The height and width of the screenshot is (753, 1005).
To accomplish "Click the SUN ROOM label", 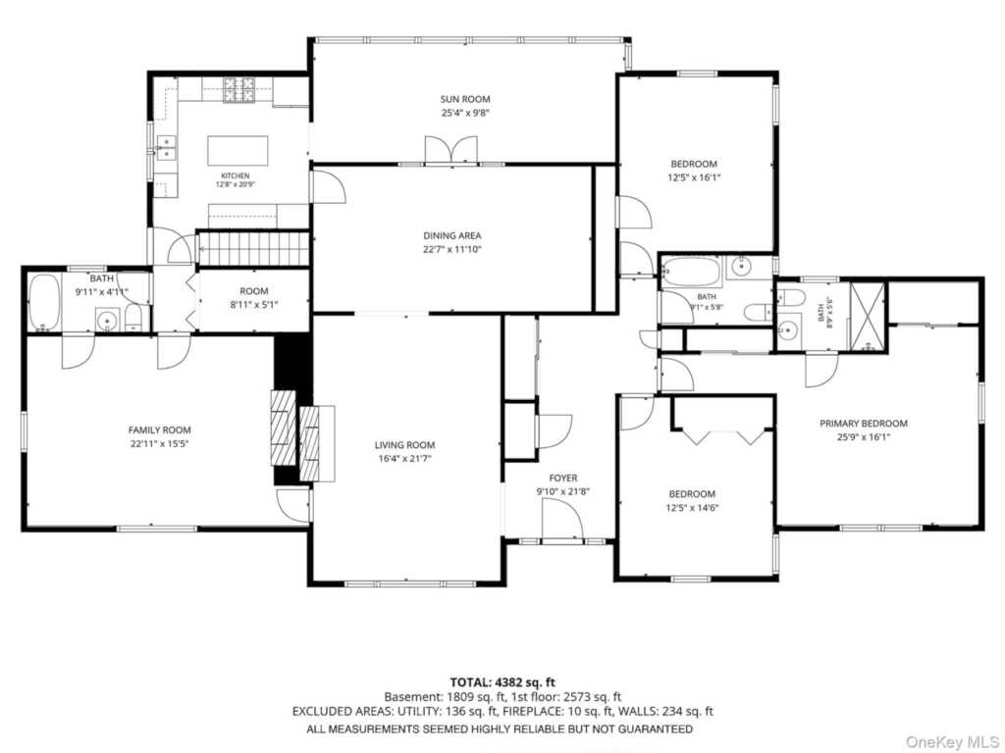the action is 464,99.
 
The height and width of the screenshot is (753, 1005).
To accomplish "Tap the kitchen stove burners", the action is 239,90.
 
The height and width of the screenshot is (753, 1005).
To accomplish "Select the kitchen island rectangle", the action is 238,151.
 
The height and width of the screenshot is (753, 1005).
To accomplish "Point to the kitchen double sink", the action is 167,148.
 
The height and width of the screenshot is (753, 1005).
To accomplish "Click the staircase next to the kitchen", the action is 253,249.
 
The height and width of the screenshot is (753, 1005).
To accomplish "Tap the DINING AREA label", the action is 451,235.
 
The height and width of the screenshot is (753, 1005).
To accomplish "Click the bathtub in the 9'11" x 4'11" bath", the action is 45,302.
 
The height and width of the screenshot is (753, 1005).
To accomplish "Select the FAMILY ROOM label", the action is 160,430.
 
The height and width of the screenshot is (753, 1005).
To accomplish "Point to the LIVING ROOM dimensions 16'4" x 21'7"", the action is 404,459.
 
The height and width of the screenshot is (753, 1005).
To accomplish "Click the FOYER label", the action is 562,477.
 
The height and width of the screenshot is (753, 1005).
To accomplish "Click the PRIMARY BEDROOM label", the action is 864,424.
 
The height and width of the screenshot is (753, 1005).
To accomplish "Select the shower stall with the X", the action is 868,317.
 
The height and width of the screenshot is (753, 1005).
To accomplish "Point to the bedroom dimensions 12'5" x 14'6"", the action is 692,508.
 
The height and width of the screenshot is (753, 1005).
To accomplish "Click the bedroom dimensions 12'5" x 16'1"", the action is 694,177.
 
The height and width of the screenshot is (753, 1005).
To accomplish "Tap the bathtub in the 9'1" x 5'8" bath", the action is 691,272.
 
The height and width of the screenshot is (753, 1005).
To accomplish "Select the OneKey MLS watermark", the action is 952,742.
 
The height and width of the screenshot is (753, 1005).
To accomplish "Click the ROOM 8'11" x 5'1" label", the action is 254,298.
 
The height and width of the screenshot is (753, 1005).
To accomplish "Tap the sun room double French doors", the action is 451,150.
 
